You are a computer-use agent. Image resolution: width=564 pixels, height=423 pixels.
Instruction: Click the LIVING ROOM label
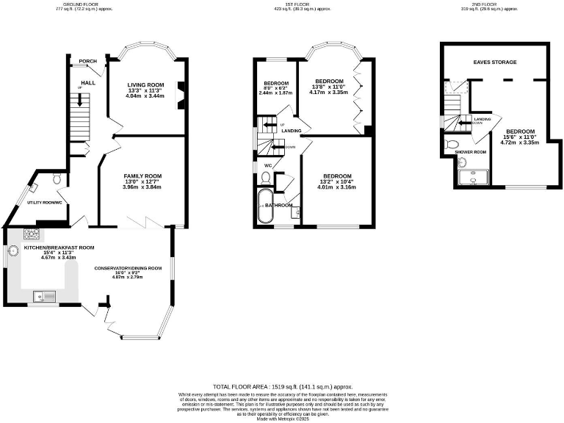click(145, 84)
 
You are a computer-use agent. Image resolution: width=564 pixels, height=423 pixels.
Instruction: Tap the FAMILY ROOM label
click(142, 176)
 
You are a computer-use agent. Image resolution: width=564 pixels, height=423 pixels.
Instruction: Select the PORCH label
click(88, 61)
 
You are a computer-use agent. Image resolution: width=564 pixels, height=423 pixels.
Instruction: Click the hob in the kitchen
click(32, 234)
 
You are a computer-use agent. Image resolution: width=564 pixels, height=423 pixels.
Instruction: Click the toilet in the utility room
click(57, 178)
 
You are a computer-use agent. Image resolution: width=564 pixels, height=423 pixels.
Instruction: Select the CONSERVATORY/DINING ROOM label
click(128, 269)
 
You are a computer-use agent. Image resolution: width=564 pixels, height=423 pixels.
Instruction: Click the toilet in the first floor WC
click(266, 177)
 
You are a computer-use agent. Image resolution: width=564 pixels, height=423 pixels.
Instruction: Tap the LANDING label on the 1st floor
click(291, 131)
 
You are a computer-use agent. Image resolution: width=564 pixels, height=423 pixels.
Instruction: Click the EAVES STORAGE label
click(495, 62)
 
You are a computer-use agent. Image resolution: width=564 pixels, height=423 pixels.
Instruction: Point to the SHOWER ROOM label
click(471, 152)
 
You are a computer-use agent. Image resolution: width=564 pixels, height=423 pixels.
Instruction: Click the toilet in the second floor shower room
click(453, 143)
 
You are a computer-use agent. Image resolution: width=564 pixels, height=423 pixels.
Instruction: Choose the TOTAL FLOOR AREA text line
click(283, 386)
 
